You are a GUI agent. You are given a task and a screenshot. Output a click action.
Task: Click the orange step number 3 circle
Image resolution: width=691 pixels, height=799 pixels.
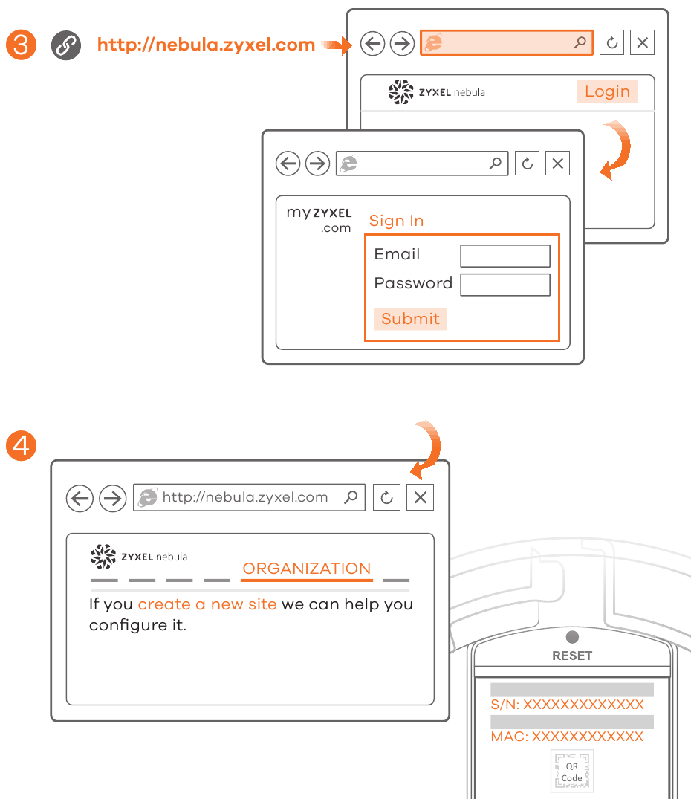pyautogui.click(x=21, y=45)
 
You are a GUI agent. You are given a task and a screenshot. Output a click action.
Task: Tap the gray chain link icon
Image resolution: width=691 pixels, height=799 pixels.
pyautogui.click(x=65, y=45)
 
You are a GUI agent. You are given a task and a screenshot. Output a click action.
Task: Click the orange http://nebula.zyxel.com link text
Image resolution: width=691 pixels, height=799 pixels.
pyautogui.click(x=206, y=45)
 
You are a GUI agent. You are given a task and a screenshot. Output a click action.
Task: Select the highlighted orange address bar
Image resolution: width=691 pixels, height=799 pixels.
pyautogui.click(x=507, y=43)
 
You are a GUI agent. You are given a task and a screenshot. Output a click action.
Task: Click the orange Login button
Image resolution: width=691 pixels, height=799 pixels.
pyautogui.click(x=607, y=91)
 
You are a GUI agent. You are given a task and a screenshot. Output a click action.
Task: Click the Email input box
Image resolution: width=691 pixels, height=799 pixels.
pyautogui.click(x=505, y=256)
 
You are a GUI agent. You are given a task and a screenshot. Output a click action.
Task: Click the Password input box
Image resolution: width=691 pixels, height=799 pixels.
pyautogui.click(x=505, y=285)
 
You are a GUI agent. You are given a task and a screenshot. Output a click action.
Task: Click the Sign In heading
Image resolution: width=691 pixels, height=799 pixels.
pyautogui.click(x=396, y=221)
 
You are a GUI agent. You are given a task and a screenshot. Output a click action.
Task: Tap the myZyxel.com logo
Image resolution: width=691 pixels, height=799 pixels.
pyautogui.click(x=319, y=220)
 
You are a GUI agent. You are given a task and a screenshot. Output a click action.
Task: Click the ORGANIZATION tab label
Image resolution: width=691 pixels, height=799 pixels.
pyautogui.click(x=307, y=569)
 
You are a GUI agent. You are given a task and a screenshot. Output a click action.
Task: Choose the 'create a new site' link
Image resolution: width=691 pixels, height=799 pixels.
pyautogui.click(x=207, y=604)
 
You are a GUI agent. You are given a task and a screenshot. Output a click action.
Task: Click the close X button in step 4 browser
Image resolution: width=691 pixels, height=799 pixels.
pyautogui.click(x=420, y=498)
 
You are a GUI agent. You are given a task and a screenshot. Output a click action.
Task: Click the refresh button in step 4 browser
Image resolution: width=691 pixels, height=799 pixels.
pyautogui.click(x=386, y=498)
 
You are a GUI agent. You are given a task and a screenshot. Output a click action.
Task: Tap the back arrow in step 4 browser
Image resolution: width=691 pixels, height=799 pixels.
pyautogui.click(x=80, y=498)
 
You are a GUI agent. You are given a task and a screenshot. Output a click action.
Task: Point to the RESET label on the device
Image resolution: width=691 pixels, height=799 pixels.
pyautogui.click(x=572, y=656)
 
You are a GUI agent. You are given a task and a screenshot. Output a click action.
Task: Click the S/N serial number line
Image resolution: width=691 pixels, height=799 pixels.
pyautogui.click(x=567, y=705)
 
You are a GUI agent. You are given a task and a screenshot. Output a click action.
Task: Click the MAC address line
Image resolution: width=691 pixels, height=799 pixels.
pyautogui.click(x=567, y=737)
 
